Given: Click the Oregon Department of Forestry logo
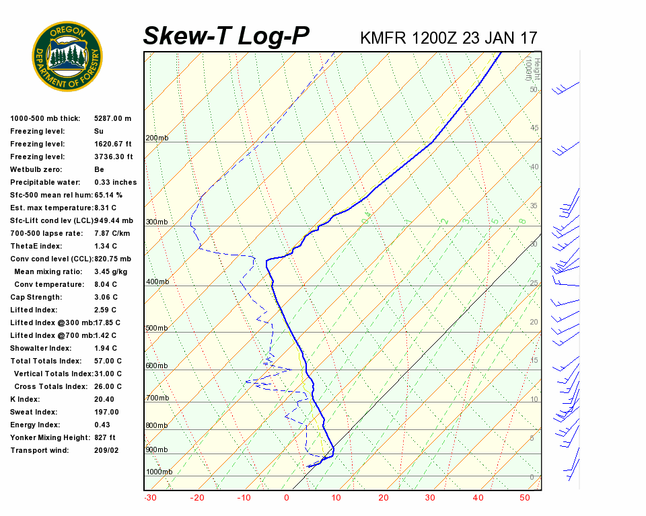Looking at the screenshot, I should pos(67,56).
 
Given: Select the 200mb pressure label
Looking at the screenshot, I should pos(157,138).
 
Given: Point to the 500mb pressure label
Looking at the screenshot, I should pos(157,328).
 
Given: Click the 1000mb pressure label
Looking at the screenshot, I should pos(159,472).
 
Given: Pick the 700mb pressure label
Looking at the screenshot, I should pos(157,398).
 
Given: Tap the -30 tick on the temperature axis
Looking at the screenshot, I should pos(150,498).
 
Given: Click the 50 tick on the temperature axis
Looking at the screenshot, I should pos(526,498).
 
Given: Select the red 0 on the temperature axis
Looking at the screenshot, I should pos(287,498).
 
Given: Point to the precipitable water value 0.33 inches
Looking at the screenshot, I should pos(115,182).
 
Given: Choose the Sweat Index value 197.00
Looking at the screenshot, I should pos(106,412).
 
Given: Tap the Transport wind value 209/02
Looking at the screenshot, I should pos(106,450).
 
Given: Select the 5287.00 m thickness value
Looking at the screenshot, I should pos(112,118).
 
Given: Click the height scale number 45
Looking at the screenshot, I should pos(534,128).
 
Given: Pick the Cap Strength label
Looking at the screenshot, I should pos(36,297).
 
